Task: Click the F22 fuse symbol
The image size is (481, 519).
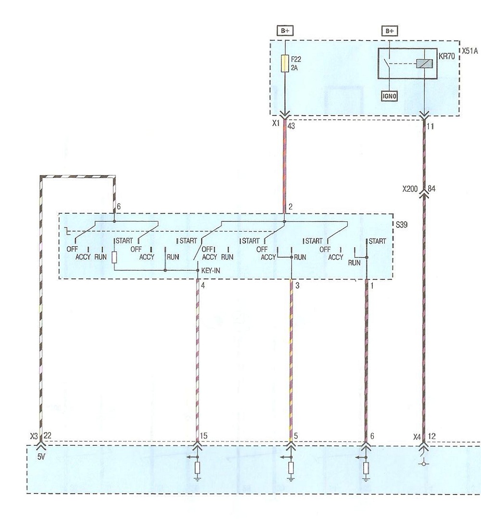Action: (285, 64)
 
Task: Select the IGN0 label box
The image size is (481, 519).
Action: (389, 96)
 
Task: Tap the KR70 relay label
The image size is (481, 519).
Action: (446, 56)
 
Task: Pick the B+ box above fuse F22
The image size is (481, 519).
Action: (285, 31)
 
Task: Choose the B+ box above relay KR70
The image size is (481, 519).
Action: (390, 31)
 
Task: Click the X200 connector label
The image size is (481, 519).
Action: (410, 189)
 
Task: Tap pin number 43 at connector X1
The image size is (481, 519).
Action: (291, 126)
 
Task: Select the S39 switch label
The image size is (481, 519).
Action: (401, 225)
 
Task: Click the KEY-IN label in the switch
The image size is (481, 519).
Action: (211, 271)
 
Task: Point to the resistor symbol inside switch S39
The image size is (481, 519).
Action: (114, 257)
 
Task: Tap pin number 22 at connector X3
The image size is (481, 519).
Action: (48, 436)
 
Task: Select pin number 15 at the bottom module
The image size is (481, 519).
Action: (203, 436)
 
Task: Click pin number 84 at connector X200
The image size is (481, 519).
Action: (432, 189)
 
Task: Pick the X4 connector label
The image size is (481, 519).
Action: (417, 437)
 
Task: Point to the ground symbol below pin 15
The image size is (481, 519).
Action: (197, 478)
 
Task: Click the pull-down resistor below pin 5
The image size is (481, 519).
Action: (291, 468)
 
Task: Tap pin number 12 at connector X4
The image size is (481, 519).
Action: (432, 436)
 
